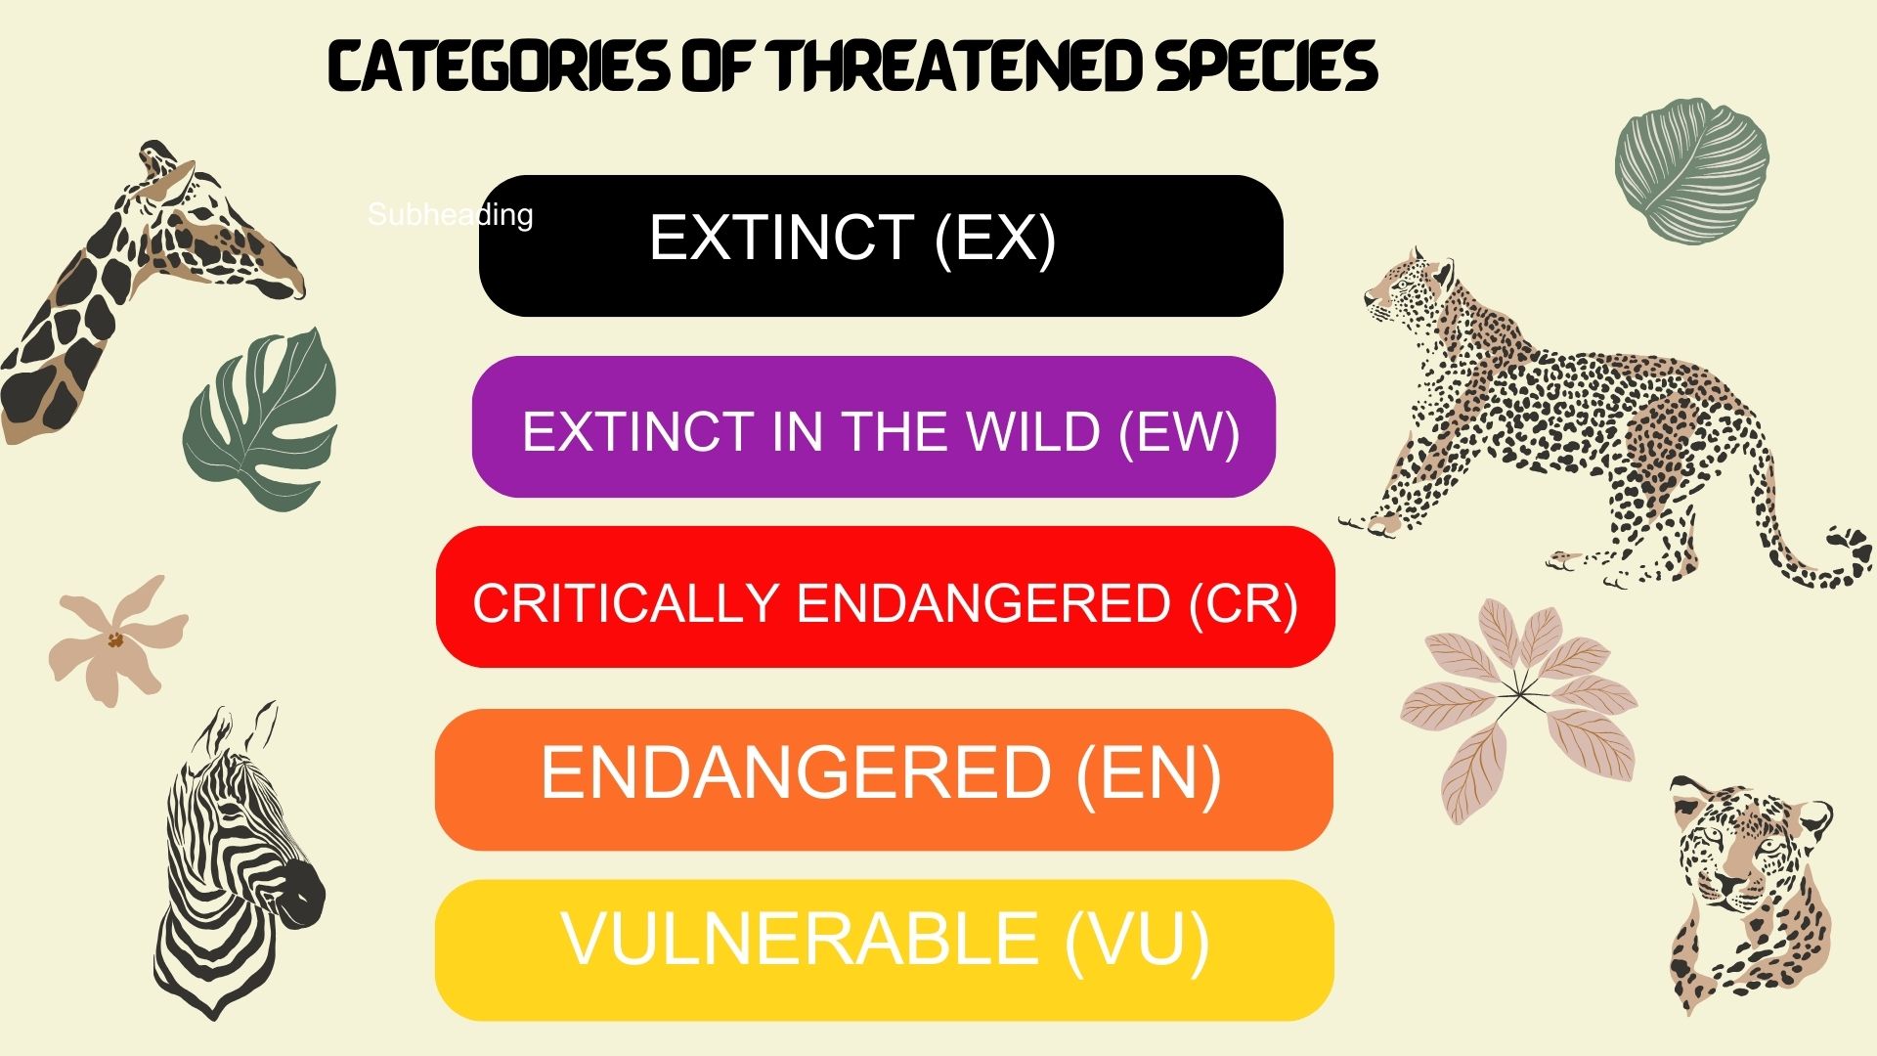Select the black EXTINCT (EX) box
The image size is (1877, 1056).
pos(881,245)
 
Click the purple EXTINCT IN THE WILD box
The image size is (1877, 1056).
pos(874,426)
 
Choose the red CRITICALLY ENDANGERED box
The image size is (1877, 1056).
pos(886,596)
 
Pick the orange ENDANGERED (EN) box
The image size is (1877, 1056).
pos(884,779)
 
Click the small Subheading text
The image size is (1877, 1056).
pos(451,214)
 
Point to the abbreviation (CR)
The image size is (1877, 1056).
pos(1243,602)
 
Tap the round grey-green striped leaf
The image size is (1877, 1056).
pos(1691,171)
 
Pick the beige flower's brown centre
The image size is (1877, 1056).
pos(115,640)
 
